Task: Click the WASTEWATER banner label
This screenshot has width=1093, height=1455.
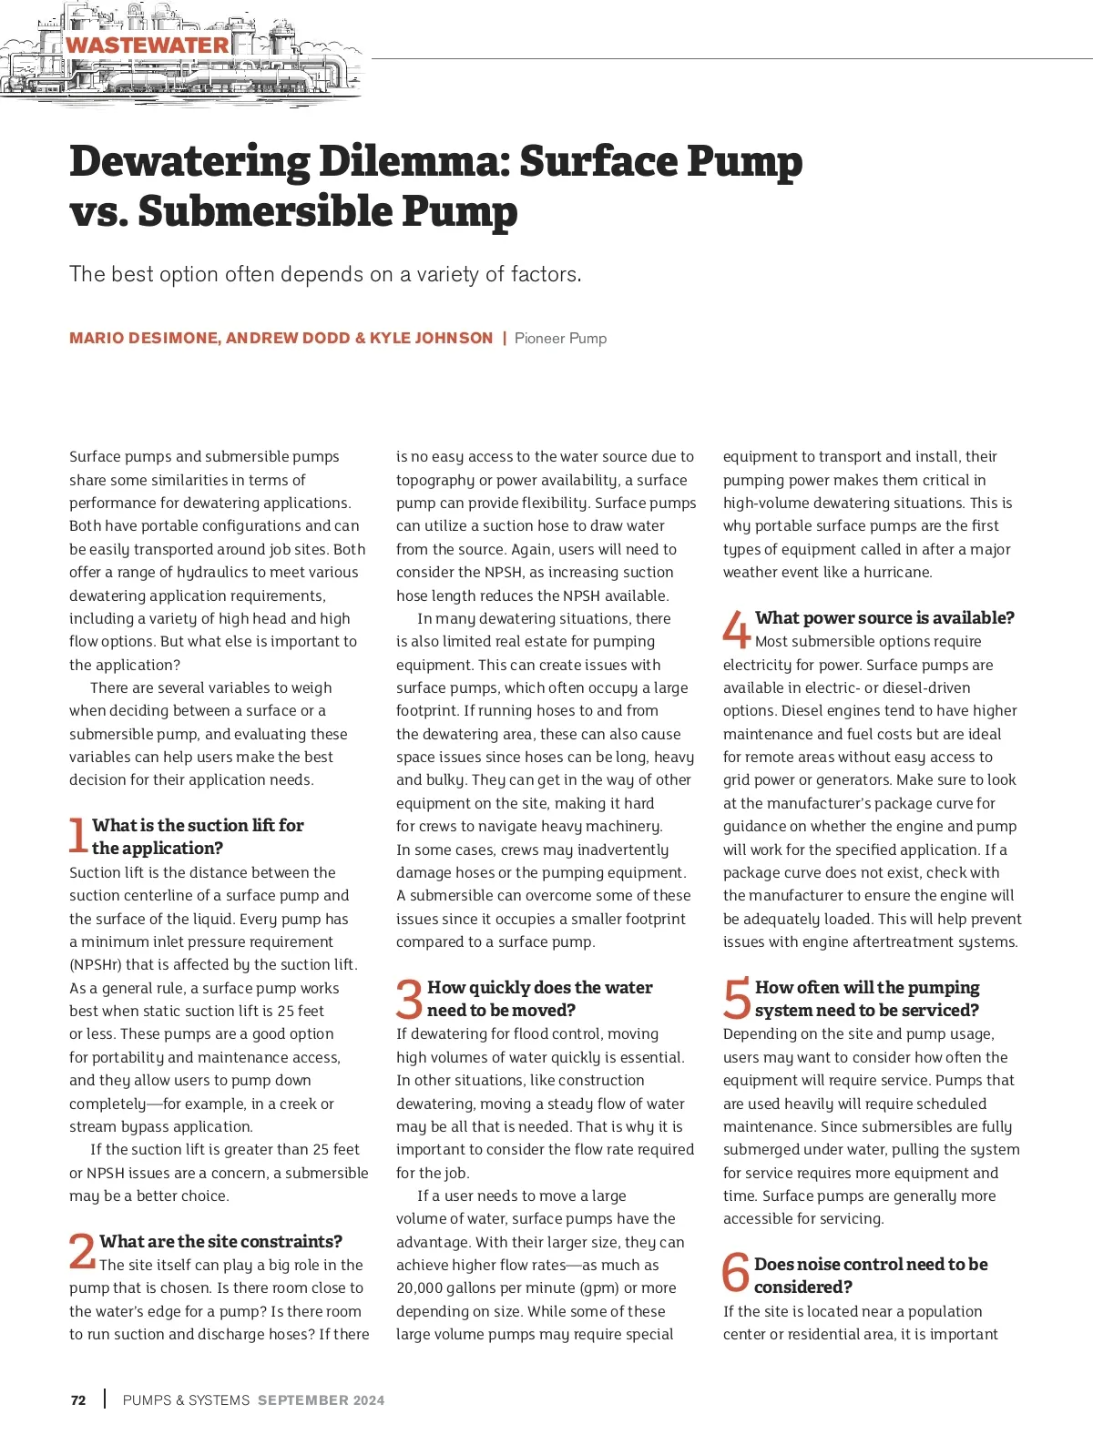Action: [x=148, y=45]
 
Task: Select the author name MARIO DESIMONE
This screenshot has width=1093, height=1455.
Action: [x=144, y=338]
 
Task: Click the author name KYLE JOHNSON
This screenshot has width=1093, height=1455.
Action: [x=431, y=338]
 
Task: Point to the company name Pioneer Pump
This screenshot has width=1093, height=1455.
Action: [x=560, y=338]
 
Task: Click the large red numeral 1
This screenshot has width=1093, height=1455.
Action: [x=78, y=835]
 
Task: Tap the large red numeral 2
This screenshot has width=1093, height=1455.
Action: [x=82, y=1250]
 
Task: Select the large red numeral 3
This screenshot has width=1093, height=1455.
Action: [x=409, y=999]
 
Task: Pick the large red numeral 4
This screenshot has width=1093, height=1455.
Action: [x=736, y=628]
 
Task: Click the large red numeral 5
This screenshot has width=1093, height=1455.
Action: [x=736, y=999]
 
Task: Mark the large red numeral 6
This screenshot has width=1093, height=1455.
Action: [x=735, y=1274]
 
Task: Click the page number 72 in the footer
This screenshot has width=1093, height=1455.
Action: [x=78, y=1400]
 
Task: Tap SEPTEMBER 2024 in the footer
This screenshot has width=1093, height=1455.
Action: [x=321, y=1400]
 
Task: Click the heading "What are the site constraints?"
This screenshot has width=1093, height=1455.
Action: [x=221, y=1241]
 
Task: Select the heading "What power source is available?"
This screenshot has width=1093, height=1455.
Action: [x=884, y=617]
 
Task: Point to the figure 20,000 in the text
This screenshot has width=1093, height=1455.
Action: [x=424, y=1287]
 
